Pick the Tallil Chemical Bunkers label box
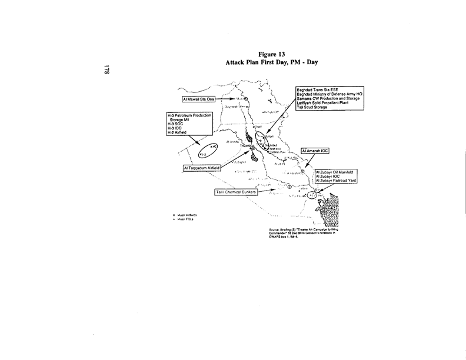point(236,192)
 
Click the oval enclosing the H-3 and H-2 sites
point(209,150)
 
